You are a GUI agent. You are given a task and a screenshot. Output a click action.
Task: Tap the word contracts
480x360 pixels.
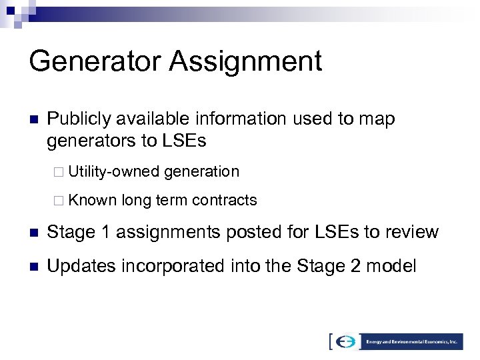[x=224, y=199]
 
